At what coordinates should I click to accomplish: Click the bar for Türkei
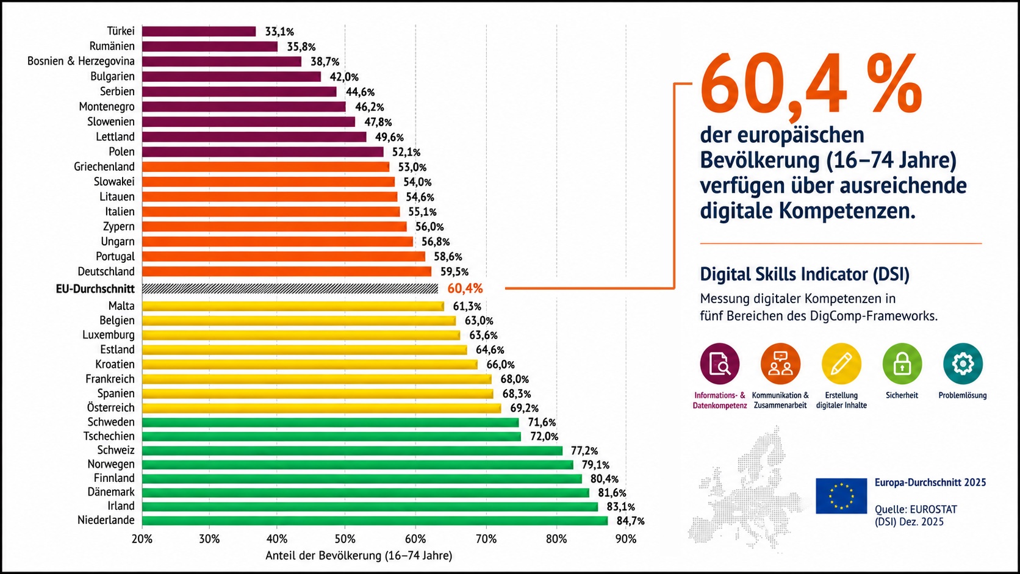(199, 31)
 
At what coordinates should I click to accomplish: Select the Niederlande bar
(375, 520)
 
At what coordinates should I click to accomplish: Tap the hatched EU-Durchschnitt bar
(290, 289)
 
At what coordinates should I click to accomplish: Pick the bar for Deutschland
(287, 271)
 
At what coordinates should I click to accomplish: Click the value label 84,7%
(631, 521)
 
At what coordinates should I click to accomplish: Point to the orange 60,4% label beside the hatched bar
(465, 289)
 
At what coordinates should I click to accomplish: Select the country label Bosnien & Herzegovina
(81, 61)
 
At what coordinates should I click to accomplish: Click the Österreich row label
(110, 407)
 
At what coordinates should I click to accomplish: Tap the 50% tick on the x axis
(345, 539)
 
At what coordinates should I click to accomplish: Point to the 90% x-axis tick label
(626, 539)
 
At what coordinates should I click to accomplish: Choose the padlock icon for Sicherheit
(902, 364)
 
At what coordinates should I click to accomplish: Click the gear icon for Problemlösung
(963, 364)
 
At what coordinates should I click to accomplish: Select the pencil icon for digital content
(841, 364)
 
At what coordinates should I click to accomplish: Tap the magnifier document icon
(720, 364)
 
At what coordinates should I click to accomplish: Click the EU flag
(841, 496)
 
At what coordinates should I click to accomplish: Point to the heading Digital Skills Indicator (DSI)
(805, 274)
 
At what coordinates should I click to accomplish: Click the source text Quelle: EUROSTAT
(916, 509)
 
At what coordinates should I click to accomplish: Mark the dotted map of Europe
(747, 489)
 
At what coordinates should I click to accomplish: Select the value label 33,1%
(279, 32)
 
